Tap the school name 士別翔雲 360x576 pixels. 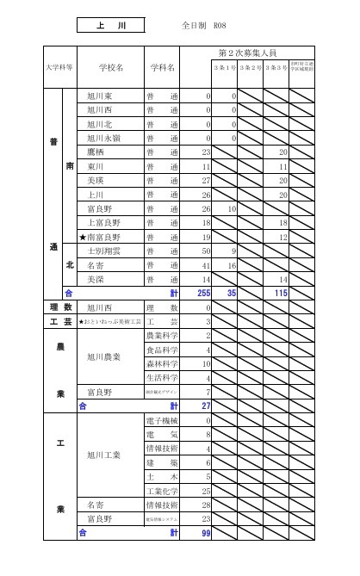102,251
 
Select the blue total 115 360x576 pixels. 278,293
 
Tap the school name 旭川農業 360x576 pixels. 102,356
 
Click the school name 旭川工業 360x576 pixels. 102,455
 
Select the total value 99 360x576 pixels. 205,533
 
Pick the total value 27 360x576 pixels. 205,406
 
